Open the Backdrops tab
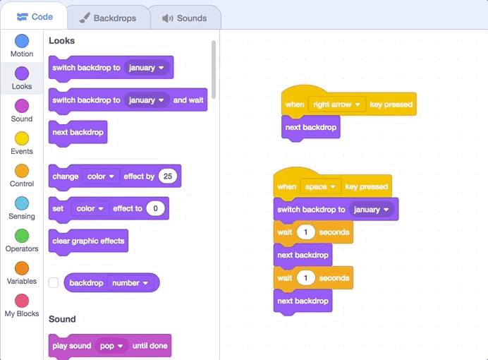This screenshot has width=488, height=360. (x=107, y=18)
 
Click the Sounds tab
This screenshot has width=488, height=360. (x=184, y=18)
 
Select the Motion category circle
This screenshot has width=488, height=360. (x=22, y=41)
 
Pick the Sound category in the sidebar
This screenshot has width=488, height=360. (x=22, y=106)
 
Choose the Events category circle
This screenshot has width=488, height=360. (x=22, y=138)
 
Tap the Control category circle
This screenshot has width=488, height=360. (x=22, y=171)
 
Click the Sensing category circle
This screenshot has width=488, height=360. (x=22, y=203)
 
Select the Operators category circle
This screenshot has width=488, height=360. (x=22, y=236)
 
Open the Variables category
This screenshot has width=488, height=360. (x=22, y=268)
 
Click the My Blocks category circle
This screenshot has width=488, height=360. (x=22, y=301)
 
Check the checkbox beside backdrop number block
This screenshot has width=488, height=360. (x=54, y=283)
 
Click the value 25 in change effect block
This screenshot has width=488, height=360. (x=167, y=176)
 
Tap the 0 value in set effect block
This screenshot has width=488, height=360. (x=155, y=209)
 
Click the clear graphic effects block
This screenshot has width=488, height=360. (x=88, y=241)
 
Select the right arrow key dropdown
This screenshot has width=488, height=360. (x=337, y=104)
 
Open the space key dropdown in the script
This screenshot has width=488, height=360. (x=320, y=187)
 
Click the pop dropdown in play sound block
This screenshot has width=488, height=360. (x=111, y=346)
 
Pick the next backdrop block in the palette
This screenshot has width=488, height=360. (x=78, y=133)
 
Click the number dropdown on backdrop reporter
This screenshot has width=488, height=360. (x=130, y=283)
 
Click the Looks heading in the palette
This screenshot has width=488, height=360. (x=61, y=41)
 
